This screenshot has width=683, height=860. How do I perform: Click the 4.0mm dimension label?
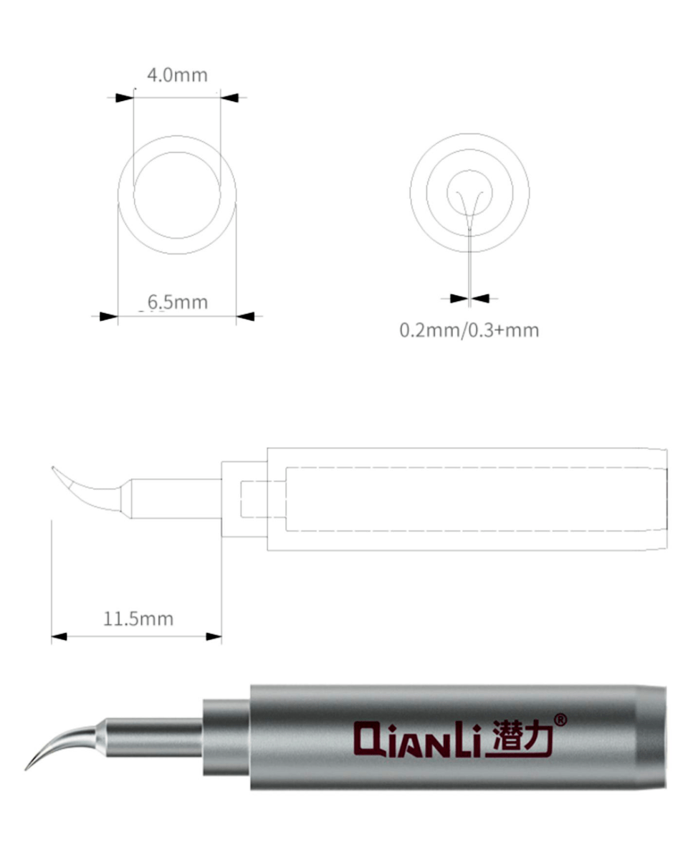coord(177,75)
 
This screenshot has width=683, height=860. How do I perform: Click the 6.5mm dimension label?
coord(178,302)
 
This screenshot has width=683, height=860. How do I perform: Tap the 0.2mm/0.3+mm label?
coord(469,330)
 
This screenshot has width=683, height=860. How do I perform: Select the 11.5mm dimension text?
coord(138,619)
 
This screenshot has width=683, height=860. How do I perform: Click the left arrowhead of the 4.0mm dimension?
coord(124,97)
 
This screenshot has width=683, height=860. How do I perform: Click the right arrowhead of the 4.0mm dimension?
coord(229,97)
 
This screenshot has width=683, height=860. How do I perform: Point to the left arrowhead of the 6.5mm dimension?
coord(109,317)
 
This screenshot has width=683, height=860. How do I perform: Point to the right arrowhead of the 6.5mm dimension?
coord(245,317)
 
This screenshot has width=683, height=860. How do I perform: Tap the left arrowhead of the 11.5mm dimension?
coord(59,636)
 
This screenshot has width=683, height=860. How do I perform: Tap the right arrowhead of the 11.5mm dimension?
coord(214,636)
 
